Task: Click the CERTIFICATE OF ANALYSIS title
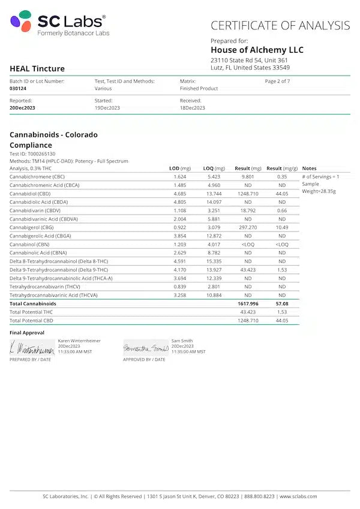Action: [x=280, y=26]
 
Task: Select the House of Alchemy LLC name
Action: [x=257, y=50]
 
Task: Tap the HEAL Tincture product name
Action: [x=37, y=68]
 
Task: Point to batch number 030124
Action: [x=18, y=88]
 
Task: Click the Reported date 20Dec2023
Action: [x=22, y=108]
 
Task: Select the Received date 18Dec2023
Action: [x=192, y=108]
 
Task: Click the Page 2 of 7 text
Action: [x=277, y=81]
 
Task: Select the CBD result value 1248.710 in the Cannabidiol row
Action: [x=247, y=194]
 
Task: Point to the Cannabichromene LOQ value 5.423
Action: [x=214, y=177]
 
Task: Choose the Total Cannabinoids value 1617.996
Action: [x=247, y=304]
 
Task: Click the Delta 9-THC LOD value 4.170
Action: [x=180, y=270]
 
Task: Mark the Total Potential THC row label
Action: [x=31, y=312]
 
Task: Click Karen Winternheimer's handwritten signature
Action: [x=32, y=348]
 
